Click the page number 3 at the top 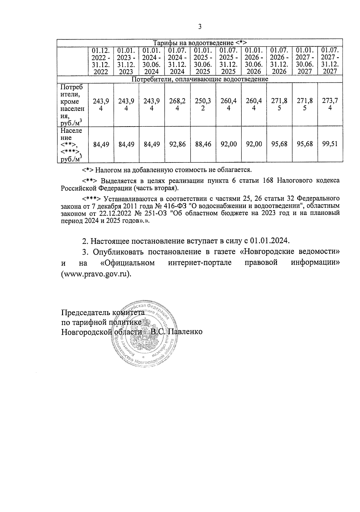[x=200, y=27]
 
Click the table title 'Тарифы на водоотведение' [x=200, y=43]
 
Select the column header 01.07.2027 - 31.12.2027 [x=330, y=61]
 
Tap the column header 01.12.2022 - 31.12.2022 [x=101, y=61]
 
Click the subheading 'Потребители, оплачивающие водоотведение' [x=200, y=79]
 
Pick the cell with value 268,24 [x=177, y=105]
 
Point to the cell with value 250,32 [x=203, y=105]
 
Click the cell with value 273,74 [x=330, y=105]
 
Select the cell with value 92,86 [x=177, y=144]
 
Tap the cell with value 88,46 [x=203, y=144]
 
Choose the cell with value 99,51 [x=330, y=144]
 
